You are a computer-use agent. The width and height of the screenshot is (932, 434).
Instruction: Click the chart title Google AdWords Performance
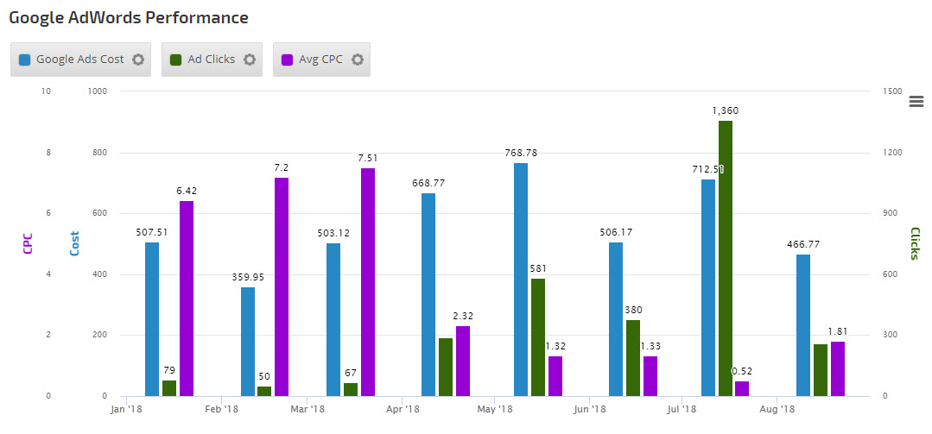(x=129, y=17)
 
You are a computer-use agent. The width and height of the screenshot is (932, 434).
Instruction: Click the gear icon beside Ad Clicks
(x=250, y=60)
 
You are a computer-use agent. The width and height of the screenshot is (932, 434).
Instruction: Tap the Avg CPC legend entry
(x=320, y=60)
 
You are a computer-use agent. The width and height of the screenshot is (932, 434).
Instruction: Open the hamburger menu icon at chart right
(x=916, y=102)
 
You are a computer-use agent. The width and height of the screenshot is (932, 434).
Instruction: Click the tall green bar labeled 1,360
(x=726, y=258)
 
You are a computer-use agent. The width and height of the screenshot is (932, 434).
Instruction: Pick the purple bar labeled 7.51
(x=368, y=281)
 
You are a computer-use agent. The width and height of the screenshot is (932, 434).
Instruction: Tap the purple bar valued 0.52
(x=742, y=388)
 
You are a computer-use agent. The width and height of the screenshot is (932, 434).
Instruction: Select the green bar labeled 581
(x=538, y=337)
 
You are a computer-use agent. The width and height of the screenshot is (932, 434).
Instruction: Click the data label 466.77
(x=803, y=244)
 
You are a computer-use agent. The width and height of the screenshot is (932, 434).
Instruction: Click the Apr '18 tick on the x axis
(x=403, y=409)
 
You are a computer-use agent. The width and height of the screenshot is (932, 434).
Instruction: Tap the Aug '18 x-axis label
(x=777, y=409)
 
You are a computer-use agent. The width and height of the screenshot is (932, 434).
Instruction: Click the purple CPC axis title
(x=27, y=244)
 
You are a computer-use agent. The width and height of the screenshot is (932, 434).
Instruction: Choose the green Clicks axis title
(x=915, y=244)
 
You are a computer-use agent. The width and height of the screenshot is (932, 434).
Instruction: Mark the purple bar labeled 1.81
(x=838, y=368)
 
